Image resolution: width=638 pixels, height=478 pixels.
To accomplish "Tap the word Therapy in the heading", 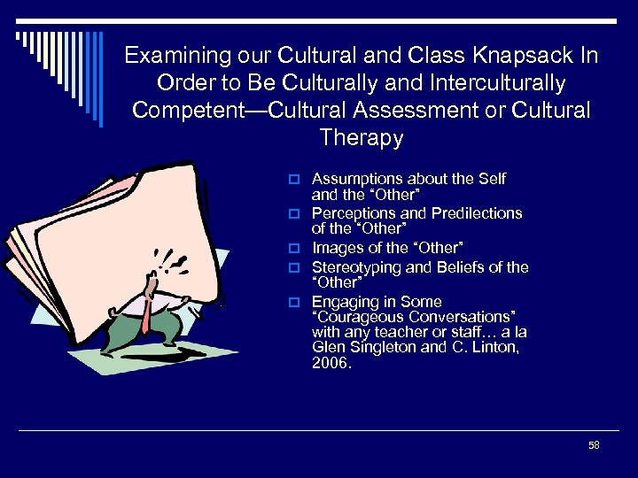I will [x=361, y=138].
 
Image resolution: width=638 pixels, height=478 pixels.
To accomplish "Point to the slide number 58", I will [x=594, y=445].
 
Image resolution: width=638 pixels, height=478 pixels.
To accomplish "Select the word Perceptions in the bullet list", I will [x=353, y=213].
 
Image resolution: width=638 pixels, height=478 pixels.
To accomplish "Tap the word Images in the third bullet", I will [x=335, y=247].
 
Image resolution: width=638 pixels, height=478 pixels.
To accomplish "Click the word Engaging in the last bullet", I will [x=341, y=301].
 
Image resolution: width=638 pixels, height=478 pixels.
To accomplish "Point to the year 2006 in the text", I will [x=330, y=363].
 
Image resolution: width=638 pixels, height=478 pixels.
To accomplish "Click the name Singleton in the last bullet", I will [x=374, y=348].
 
